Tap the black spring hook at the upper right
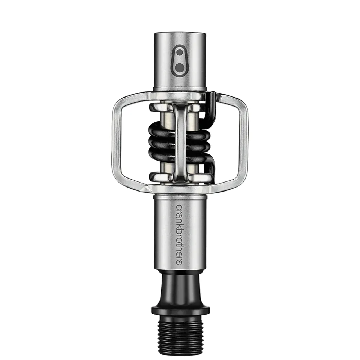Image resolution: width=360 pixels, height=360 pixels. pyautogui.click(x=212, y=104)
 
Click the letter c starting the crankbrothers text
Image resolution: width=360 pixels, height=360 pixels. pyautogui.click(x=179, y=207)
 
